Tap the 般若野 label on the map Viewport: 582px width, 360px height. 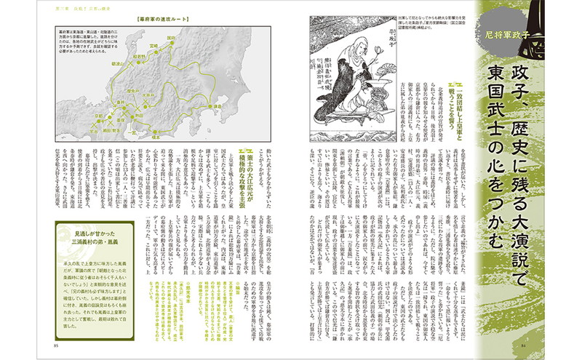(x=153, y=76)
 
